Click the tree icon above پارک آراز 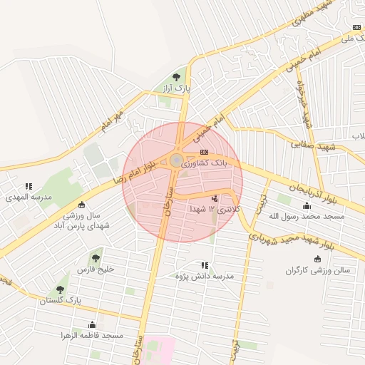177,78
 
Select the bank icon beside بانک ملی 356,27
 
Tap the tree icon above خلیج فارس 96,258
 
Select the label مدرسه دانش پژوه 205,275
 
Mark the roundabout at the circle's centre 175,161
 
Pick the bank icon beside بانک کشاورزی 205,152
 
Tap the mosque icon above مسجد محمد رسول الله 317,203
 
